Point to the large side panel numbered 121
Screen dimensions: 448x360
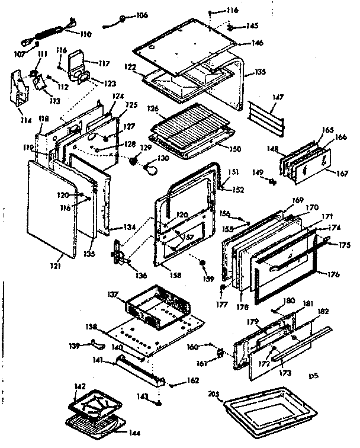(x=52, y=210)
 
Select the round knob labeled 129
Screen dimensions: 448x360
(x=136, y=161)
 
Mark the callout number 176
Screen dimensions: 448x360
(x=333, y=273)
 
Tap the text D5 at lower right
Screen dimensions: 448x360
(x=314, y=375)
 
